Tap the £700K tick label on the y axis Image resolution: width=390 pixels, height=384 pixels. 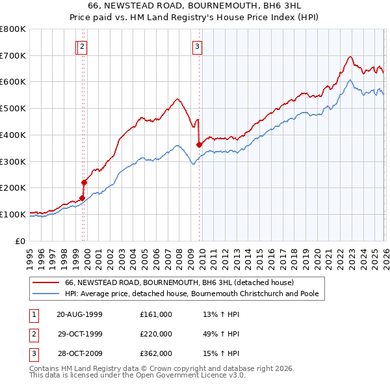click(x=13, y=56)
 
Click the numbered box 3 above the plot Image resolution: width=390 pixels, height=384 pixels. click(x=197, y=46)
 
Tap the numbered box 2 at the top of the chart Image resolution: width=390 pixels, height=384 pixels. click(x=83, y=46)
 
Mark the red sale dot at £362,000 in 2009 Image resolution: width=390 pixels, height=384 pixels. click(x=199, y=145)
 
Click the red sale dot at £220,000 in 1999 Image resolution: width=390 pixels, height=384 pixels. click(x=84, y=183)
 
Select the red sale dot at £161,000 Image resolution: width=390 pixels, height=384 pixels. click(x=82, y=199)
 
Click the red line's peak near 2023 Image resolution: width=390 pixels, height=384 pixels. click(x=350, y=57)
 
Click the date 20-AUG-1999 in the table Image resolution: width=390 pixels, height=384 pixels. click(x=80, y=314)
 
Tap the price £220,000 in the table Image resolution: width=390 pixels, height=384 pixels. click(x=156, y=334)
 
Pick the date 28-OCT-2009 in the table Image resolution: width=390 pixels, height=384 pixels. click(x=80, y=353)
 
